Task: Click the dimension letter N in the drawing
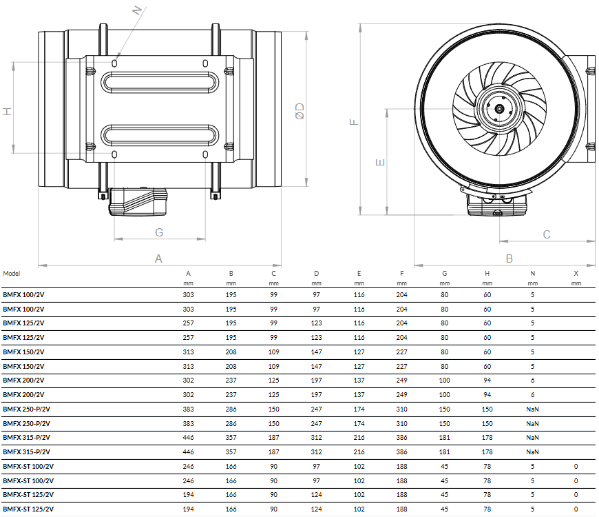137,10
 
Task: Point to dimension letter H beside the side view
8,112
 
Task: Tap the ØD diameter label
300,111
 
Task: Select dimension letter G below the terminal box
159,232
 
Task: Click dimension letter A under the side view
158,258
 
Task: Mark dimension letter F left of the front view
354,122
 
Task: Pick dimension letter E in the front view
380,163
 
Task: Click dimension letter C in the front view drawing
547,234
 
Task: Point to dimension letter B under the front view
509,258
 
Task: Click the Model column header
12,274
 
